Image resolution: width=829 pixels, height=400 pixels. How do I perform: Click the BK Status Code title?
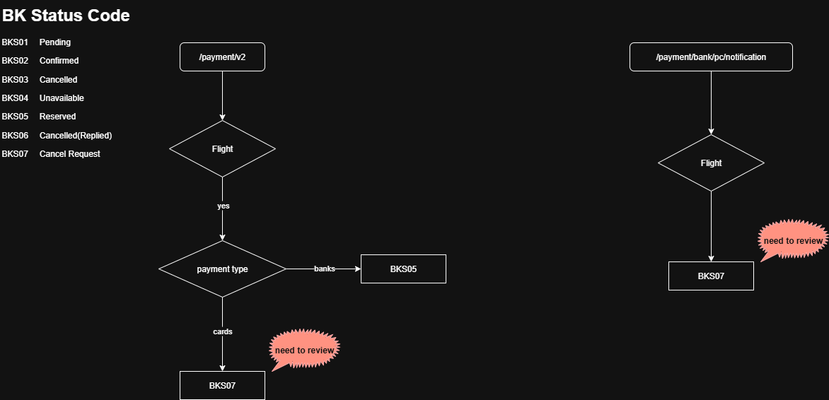point(66,15)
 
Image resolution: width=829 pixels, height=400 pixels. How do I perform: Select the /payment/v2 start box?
point(222,57)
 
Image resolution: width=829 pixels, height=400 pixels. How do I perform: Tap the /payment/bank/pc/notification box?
point(711,57)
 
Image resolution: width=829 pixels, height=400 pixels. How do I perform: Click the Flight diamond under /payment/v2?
point(222,149)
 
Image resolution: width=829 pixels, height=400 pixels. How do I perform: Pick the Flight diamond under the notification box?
point(711,163)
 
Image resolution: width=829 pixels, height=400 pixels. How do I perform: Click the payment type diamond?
point(222,269)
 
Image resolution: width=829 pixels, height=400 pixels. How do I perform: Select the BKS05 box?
point(403,269)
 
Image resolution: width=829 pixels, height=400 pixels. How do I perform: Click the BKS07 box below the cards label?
point(222,386)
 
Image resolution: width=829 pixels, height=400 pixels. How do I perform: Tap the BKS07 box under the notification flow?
point(711,276)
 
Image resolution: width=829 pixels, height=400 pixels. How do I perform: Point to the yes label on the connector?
point(223,206)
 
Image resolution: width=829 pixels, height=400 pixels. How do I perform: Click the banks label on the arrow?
point(325,269)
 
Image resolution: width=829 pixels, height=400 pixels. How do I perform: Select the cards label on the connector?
point(223,331)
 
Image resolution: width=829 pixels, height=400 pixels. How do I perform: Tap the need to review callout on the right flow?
point(793,240)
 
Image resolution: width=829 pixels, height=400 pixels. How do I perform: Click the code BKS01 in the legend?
point(15,42)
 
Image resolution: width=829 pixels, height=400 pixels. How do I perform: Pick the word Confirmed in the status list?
point(59,61)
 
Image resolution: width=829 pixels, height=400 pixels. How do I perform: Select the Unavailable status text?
point(62,98)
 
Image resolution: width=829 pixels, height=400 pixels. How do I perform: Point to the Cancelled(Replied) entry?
point(76,136)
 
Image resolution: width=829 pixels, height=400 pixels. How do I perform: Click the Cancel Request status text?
point(69,154)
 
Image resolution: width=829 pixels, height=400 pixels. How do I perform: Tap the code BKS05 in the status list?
point(15,117)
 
